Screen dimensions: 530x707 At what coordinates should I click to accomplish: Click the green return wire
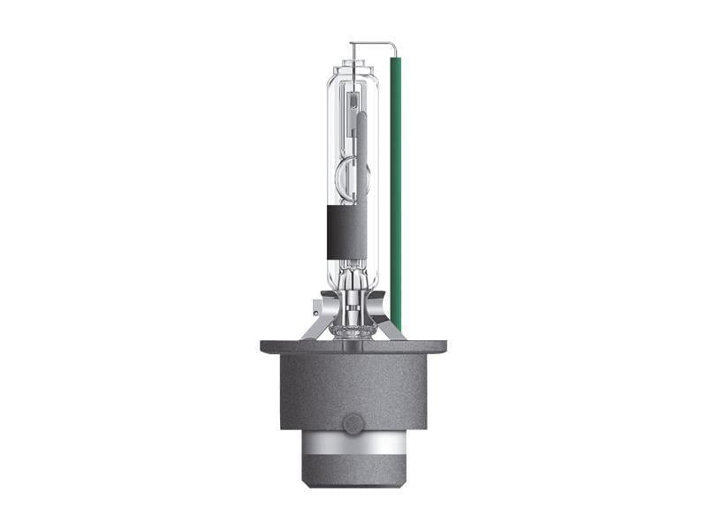pyautogui.click(x=395, y=177)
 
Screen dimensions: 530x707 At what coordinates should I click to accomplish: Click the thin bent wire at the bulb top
pyautogui.click(x=371, y=43)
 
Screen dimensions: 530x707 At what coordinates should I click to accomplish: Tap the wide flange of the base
pyautogui.click(x=353, y=347)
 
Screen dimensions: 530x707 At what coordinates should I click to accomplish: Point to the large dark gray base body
pyautogui.click(x=353, y=389)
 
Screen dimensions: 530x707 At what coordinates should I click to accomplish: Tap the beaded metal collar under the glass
pyautogui.click(x=353, y=332)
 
